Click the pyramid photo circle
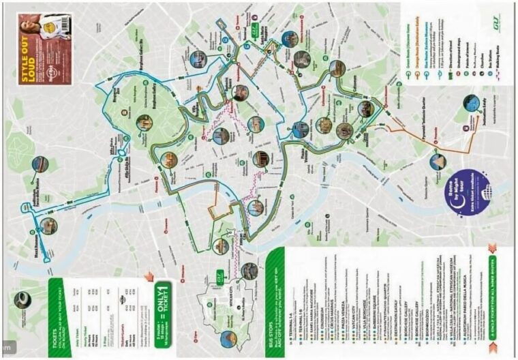point(438,162)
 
